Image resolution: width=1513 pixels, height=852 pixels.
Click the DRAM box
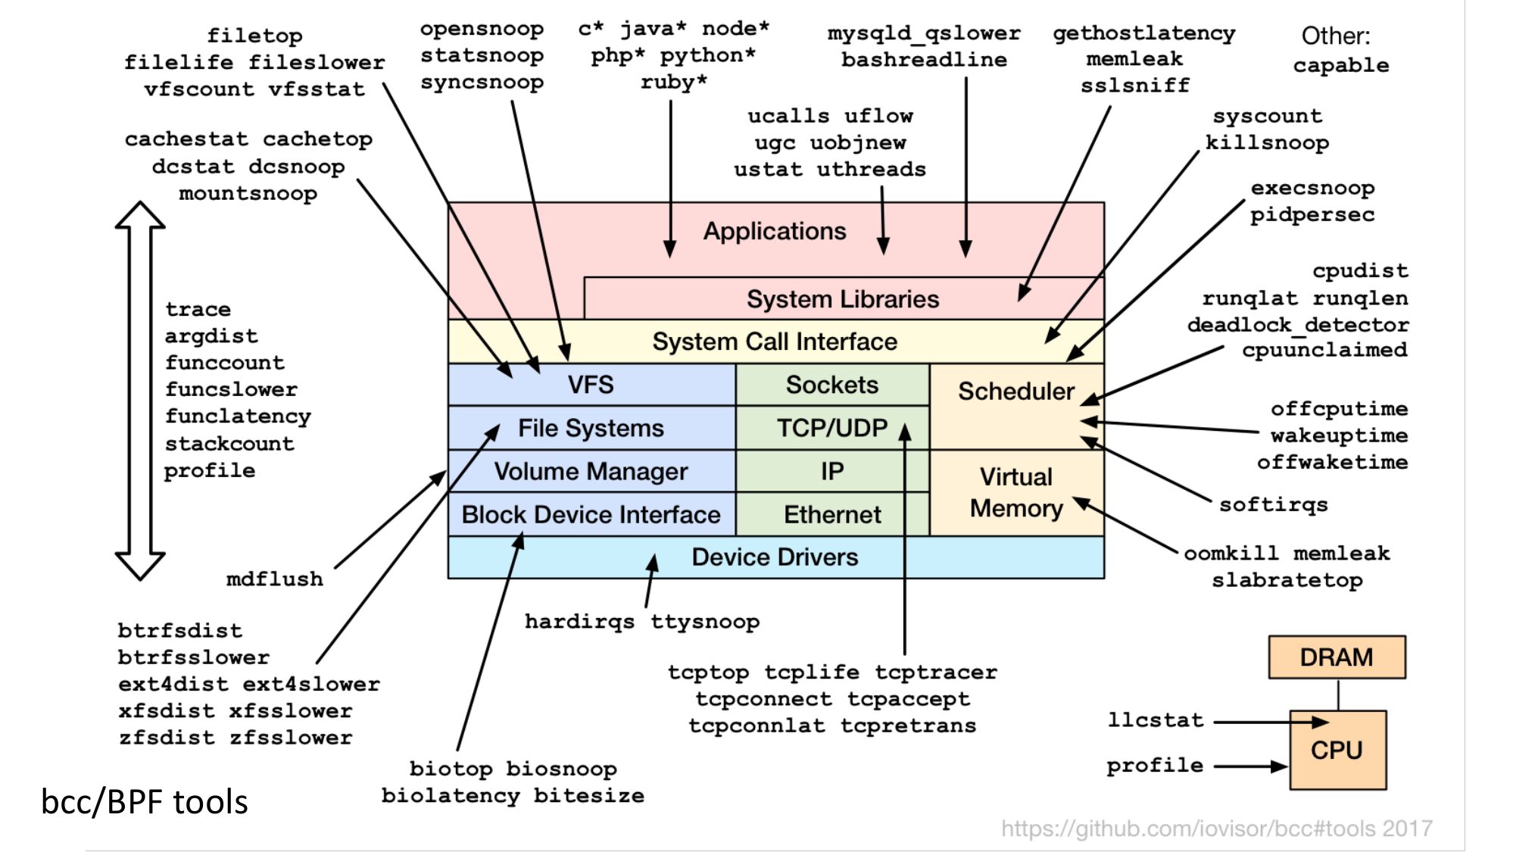pos(1337,657)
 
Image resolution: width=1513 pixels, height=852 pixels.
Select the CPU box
pos(1337,750)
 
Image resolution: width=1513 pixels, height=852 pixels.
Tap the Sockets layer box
pos(832,385)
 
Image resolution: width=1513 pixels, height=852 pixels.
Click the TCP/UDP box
pos(832,428)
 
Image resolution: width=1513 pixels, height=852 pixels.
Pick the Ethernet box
pos(832,515)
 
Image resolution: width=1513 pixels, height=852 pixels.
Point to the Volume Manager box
pos(591,471)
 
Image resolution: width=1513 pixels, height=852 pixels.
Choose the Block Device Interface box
pos(591,515)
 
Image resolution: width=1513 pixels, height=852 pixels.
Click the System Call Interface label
pos(775,342)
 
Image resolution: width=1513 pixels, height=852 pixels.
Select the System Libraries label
pos(843,299)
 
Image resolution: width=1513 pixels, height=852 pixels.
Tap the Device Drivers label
pos(775,557)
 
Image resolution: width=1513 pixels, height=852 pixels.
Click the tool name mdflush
pos(274,579)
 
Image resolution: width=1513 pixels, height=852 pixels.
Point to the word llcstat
pos(1156,719)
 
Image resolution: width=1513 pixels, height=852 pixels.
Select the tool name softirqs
pos(1274,505)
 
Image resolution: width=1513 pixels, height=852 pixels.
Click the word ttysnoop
pos(705,622)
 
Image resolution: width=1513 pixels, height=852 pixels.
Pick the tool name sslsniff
pos(1135,86)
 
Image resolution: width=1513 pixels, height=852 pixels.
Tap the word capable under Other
pos(1341,66)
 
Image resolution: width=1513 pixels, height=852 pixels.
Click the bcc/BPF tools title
pos(144,801)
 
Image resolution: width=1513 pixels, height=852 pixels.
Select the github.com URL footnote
pos(1217,829)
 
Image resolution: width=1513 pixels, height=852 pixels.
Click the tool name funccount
pos(225,363)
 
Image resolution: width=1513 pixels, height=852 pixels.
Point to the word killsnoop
pos(1267,143)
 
